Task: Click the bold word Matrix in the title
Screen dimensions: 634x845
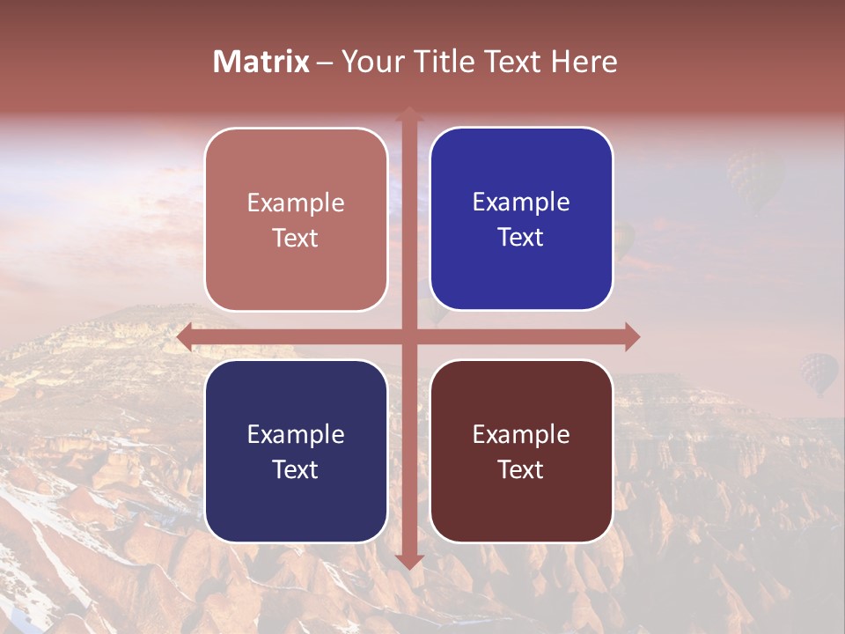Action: (x=261, y=62)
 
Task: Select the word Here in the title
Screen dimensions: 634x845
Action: (x=584, y=62)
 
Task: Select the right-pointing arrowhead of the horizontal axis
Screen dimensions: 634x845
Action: (x=632, y=336)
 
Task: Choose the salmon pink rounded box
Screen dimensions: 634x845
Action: (x=296, y=273)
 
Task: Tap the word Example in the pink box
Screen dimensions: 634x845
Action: (x=296, y=203)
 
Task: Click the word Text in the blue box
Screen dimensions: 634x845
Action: (x=521, y=238)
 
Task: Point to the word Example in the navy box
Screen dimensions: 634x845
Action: (x=296, y=435)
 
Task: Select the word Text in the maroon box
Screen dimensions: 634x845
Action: (x=521, y=469)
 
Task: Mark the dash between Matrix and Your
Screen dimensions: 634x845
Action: (x=325, y=63)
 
